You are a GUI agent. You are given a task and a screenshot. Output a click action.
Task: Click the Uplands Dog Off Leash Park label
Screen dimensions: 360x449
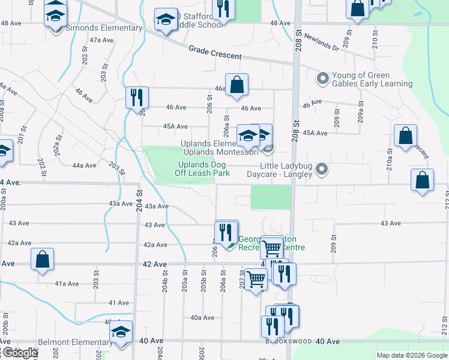203,169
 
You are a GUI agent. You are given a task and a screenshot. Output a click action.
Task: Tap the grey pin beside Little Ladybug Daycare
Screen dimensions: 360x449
322,169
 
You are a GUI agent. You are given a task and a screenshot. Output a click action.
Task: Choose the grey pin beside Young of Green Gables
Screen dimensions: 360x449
322,78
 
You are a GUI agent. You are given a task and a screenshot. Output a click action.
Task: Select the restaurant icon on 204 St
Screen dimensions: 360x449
137,97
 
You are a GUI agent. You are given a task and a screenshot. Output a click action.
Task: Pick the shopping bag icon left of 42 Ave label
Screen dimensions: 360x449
43,260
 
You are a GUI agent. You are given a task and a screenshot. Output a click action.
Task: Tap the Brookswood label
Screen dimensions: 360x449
288,341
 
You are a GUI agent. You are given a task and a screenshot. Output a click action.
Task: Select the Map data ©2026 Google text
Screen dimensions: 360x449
412,355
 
